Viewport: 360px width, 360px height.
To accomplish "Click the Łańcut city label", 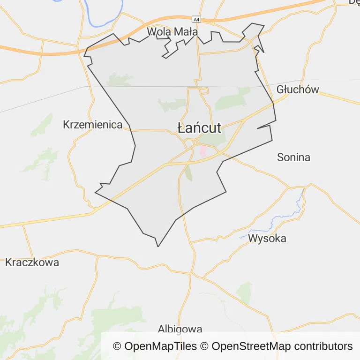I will click(x=199, y=127).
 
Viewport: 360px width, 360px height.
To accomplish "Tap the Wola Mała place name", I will click(x=172, y=32).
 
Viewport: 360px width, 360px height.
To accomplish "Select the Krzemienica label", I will click(x=93, y=125).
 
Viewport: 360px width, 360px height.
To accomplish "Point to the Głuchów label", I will click(x=298, y=90).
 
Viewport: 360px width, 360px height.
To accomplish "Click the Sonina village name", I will click(x=293, y=157).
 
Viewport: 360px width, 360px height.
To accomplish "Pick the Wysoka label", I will click(x=267, y=238).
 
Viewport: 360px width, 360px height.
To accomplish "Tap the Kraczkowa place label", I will click(x=32, y=262).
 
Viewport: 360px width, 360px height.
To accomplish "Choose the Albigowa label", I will click(x=180, y=329).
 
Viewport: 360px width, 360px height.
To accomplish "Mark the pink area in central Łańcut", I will click(x=203, y=151).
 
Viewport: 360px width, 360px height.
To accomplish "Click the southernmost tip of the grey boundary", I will click(x=158, y=246).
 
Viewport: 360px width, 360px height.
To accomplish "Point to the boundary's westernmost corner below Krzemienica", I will click(x=96, y=192).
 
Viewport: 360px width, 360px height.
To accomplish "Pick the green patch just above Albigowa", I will click(x=244, y=292).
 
